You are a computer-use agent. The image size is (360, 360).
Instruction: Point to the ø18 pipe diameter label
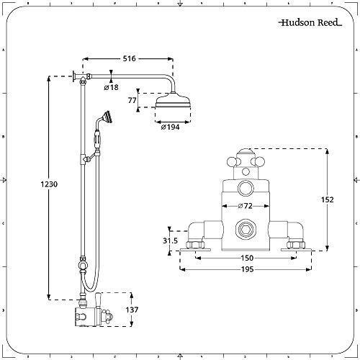(x=112, y=87)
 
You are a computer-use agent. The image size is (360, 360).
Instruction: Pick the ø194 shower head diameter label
(x=169, y=127)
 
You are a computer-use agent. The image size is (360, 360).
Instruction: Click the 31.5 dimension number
(x=170, y=240)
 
